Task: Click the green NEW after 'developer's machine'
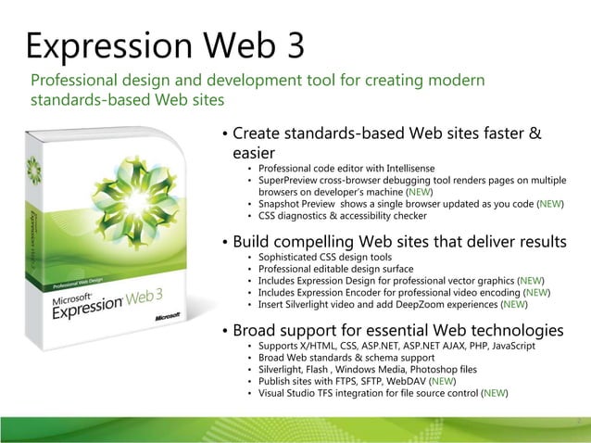(x=419, y=191)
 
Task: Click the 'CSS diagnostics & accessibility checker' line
(x=343, y=216)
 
